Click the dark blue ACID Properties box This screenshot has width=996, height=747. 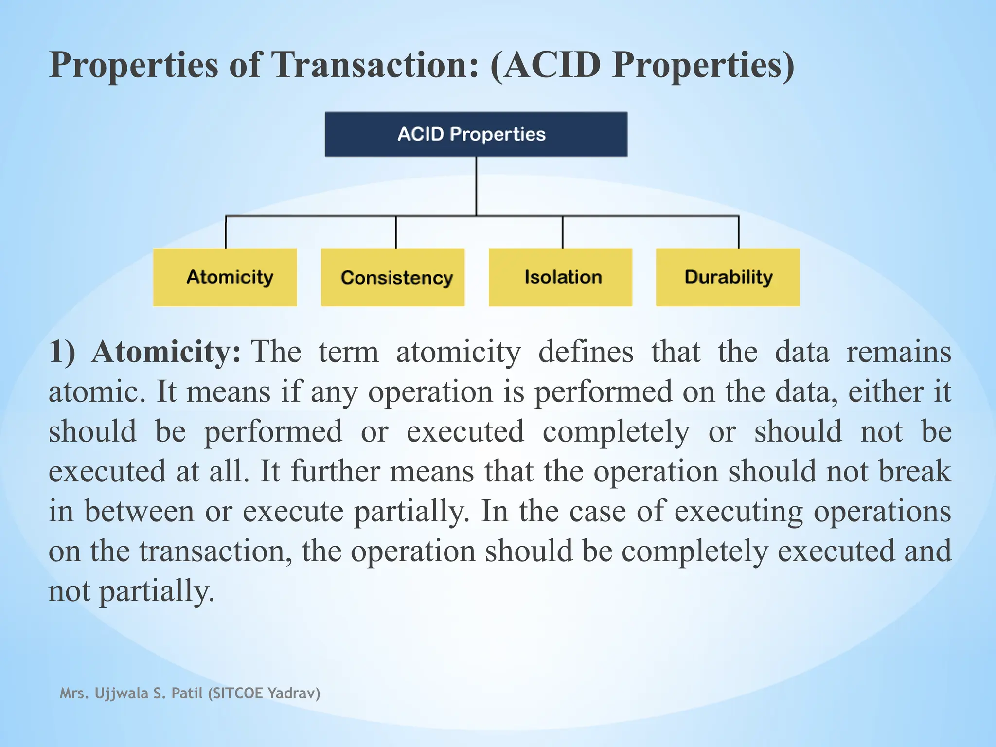click(476, 134)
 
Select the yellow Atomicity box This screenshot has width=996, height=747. click(225, 277)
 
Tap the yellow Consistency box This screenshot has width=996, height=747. click(393, 277)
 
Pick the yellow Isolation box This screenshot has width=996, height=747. click(560, 277)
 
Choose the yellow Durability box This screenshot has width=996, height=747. click(728, 277)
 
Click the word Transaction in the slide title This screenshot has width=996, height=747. click(375, 65)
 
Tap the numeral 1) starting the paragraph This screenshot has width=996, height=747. click(62, 352)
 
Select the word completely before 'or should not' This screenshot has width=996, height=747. click(616, 431)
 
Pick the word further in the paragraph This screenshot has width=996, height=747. click(335, 471)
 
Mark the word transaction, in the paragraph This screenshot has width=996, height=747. click(216, 551)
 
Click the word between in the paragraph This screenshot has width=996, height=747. click(140, 511)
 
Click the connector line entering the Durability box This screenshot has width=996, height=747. click(738, 232)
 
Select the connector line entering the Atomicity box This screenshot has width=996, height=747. click(226, 232)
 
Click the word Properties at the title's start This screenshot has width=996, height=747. click(134, 65)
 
